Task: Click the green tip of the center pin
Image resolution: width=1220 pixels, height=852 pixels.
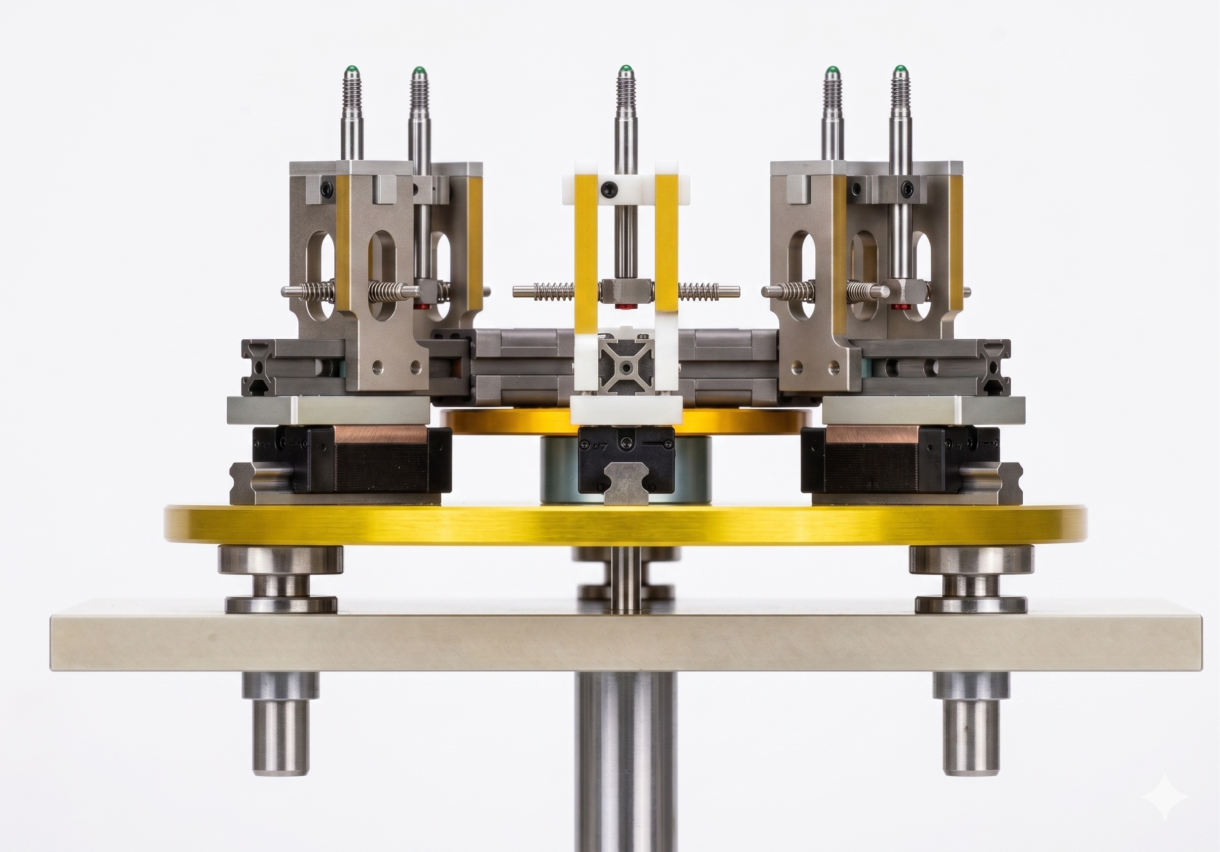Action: click(x=625, y=69)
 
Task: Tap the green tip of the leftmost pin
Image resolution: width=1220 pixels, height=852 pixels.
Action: click(x=351, y=69)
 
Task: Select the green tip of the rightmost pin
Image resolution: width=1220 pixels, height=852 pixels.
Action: click(x=899, y=69)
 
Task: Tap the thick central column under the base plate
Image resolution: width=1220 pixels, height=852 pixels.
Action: click(x=625, y=754)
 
